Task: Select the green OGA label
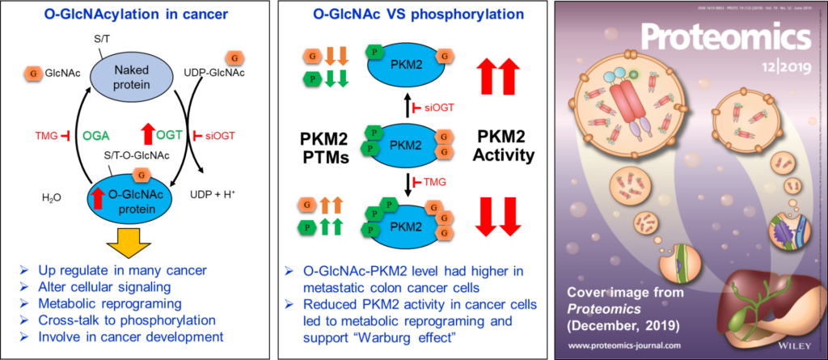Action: click(x=95, y=135)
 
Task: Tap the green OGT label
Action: click(x=168, y=135)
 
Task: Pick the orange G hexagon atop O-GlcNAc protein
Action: click(x=142, y=173)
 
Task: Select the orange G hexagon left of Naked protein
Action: click(x=34, y=73)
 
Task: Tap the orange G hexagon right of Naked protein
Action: click(x=234, y=57)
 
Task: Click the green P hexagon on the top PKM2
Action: click(x=374, y=51)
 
